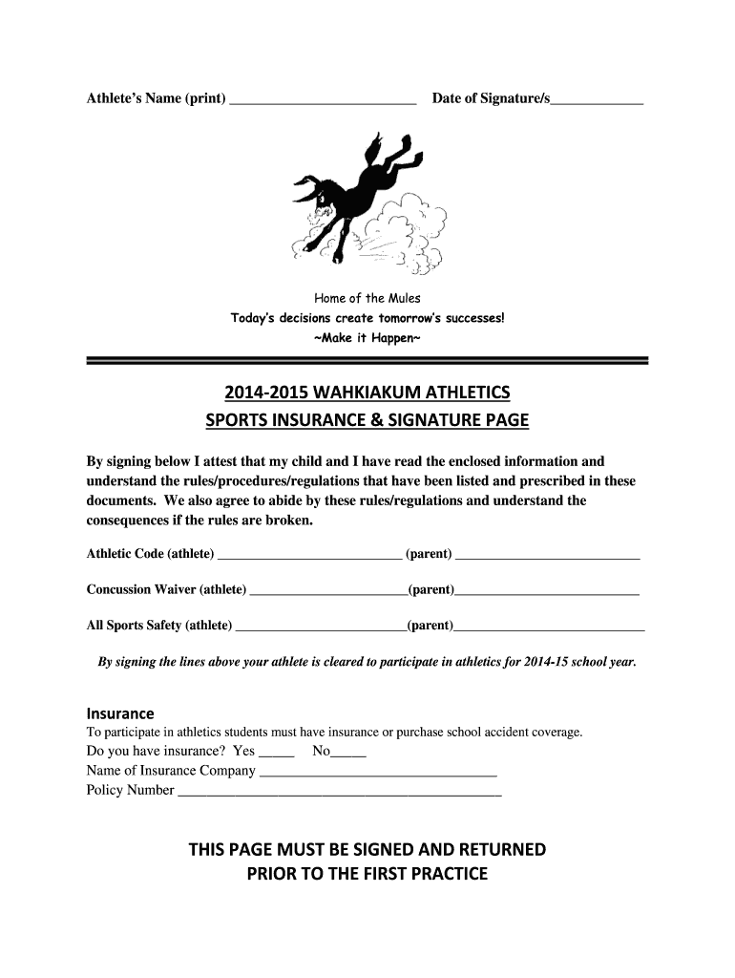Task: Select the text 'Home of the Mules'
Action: [x=367, y=298]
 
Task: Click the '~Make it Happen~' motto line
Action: [x=367, y=338]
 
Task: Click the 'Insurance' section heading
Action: [x=120, y=713]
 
